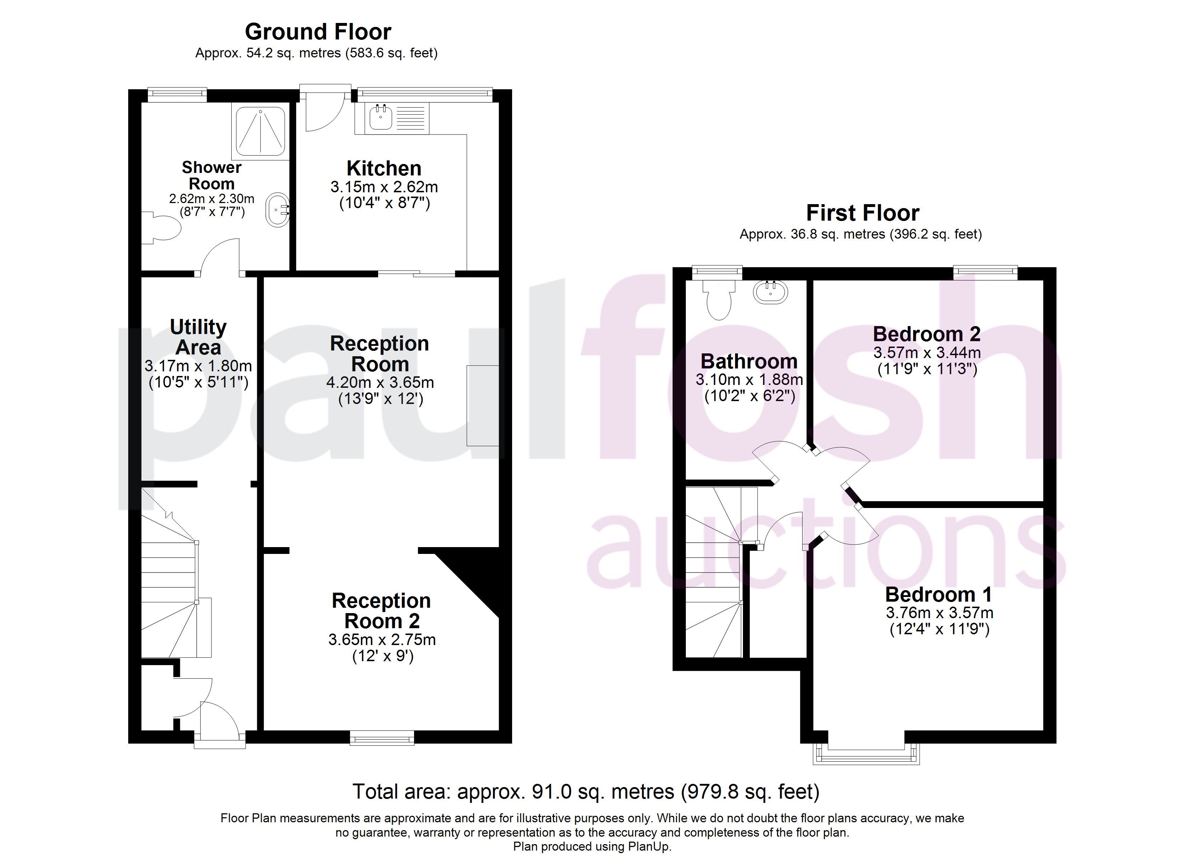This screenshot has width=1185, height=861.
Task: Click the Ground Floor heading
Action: tap(318, 32)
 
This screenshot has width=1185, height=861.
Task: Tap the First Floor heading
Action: tap(862, 213)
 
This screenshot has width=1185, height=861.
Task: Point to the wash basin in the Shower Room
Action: tap(278, 210)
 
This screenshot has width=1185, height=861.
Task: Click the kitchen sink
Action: tap(381, 117)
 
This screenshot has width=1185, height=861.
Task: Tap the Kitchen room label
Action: tap(384, 169)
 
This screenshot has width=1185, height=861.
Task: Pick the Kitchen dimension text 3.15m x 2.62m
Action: tap(384, 187)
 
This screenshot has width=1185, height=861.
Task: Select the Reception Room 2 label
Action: tap(381, 611)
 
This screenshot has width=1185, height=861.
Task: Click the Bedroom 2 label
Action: tap(926, 334)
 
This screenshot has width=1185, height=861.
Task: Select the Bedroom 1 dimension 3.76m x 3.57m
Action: tap(939, 612)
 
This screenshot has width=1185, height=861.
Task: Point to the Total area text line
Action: tap(586, 791)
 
